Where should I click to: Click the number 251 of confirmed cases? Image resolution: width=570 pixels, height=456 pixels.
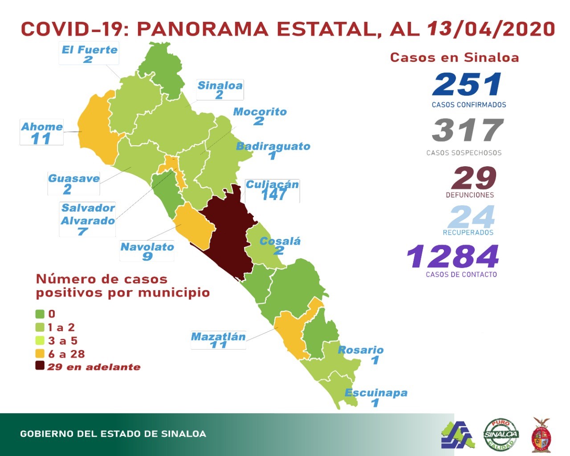click(467, 85)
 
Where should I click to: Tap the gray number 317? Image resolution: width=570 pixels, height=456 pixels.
click(467, 130)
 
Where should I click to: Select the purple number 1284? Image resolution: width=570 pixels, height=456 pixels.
click(453, 257)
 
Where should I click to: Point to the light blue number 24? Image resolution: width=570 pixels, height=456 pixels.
click(472, 218)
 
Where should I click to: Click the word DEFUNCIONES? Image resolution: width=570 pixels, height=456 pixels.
click(470, 195)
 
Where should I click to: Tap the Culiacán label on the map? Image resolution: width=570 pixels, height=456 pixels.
click(272, 185)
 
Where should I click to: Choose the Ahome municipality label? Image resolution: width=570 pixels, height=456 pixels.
click(42, 127)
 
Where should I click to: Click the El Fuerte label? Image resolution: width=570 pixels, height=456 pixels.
click(90, 50)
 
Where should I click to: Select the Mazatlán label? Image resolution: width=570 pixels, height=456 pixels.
click(218, 337)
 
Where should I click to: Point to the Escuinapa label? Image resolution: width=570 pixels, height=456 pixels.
click(376, 393)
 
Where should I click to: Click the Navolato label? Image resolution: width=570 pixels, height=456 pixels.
click(147, 247)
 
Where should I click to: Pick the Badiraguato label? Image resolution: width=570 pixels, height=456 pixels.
click(273, 146)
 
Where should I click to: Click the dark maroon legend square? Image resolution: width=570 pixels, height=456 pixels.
click(40, 366)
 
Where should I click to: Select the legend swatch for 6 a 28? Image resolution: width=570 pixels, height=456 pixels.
click(40, 353)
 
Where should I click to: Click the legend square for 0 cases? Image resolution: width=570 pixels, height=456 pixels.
click(40, 314)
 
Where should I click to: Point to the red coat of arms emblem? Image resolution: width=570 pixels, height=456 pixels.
click(541, 435)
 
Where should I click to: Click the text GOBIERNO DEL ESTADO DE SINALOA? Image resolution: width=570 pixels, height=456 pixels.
click(113, 434)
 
